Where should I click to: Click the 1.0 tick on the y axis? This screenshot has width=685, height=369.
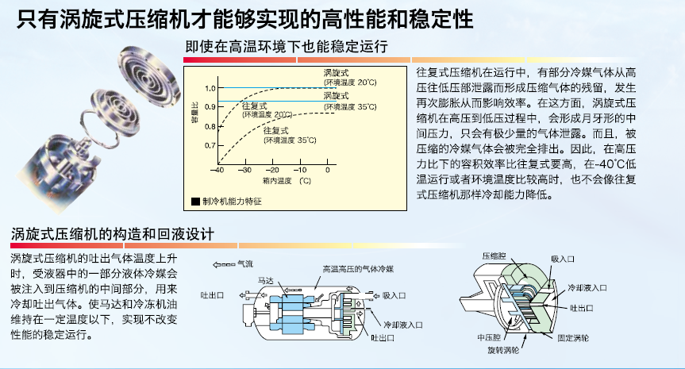tap(210, 87)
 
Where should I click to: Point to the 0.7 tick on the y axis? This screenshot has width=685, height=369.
tap(210, 146)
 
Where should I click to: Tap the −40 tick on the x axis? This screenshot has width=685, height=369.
tap(217, 170)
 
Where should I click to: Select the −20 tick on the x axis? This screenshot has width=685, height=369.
tap(272, 170)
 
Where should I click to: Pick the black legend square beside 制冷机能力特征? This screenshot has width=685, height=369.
tap(195, 202)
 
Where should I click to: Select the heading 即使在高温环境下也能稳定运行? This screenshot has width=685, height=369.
tap(286, 47)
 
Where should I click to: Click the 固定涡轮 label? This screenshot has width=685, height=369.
tap(573, 338)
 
